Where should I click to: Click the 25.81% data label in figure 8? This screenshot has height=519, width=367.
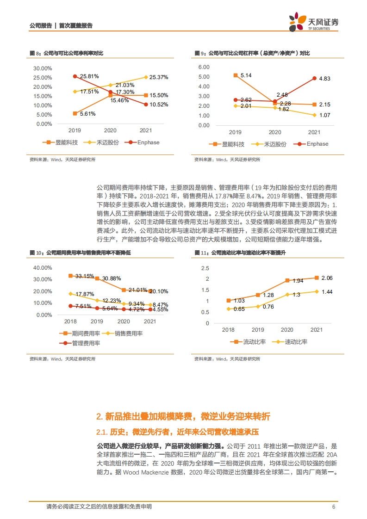[89, 76]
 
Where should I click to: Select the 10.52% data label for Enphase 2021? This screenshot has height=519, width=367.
[159, 105]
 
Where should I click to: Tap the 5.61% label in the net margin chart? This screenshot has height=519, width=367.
[87, 113]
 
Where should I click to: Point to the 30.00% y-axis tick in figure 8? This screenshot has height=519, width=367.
[43, 68]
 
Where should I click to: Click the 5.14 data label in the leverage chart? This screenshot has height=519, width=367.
[246, 75]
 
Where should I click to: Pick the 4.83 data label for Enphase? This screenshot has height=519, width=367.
[325, 79]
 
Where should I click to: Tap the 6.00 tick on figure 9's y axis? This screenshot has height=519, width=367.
[204, 67]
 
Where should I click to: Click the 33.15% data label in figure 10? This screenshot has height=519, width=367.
[85, 276]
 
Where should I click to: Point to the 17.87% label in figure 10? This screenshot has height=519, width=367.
[85, 294]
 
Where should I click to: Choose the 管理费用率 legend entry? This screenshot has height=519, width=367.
[86, 343]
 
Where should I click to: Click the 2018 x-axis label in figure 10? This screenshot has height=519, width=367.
[70, 321]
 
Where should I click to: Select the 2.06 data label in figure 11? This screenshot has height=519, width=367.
[327, 278]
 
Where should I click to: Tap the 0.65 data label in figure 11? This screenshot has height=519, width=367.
[239, 309]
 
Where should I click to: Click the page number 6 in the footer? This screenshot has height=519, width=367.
[333, 507]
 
